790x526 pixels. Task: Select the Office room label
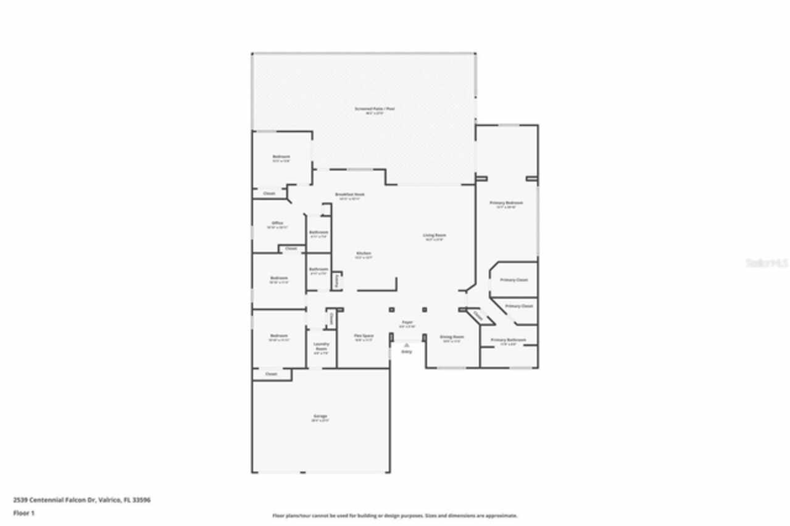277,223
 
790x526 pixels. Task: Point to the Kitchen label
363,254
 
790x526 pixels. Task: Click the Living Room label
434,235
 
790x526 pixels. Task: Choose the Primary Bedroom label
506,203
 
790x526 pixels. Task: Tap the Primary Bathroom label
508,340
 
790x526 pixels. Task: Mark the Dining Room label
451,337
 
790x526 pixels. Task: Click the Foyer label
407,322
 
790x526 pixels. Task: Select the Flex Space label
364,336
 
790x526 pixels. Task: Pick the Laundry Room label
321,346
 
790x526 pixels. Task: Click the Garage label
320,416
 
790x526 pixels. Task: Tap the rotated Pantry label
336,281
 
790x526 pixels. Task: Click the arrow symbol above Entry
407,345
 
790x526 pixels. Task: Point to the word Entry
407,352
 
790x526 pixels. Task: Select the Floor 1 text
23,512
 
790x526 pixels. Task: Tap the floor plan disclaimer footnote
395,516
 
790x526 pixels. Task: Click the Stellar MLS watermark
767,263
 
